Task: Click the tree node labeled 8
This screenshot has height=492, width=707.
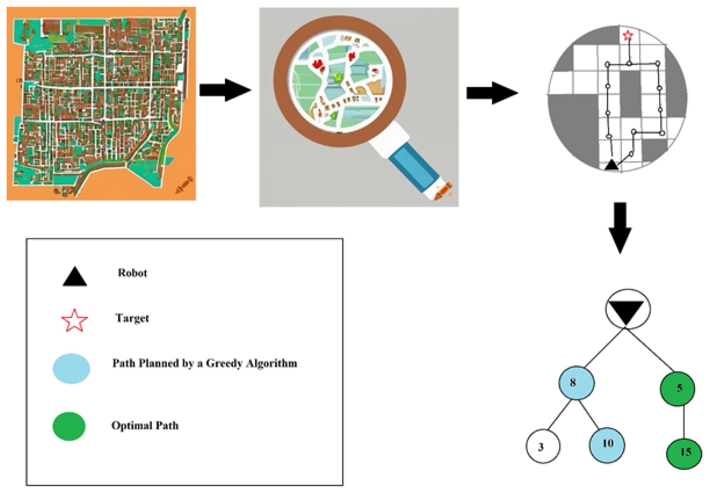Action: point(576,383)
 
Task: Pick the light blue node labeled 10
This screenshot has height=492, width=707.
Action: point(607,445)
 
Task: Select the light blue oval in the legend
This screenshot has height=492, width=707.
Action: point(71,368)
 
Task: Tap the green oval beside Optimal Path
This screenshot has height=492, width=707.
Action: point(69,426)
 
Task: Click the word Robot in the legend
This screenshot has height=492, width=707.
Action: point(132,273)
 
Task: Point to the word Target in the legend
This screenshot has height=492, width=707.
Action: point(132,318)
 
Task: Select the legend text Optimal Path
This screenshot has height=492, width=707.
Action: point(145,425)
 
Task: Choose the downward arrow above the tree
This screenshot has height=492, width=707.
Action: point(620,228)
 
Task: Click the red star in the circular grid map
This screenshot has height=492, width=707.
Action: point(628,35)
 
